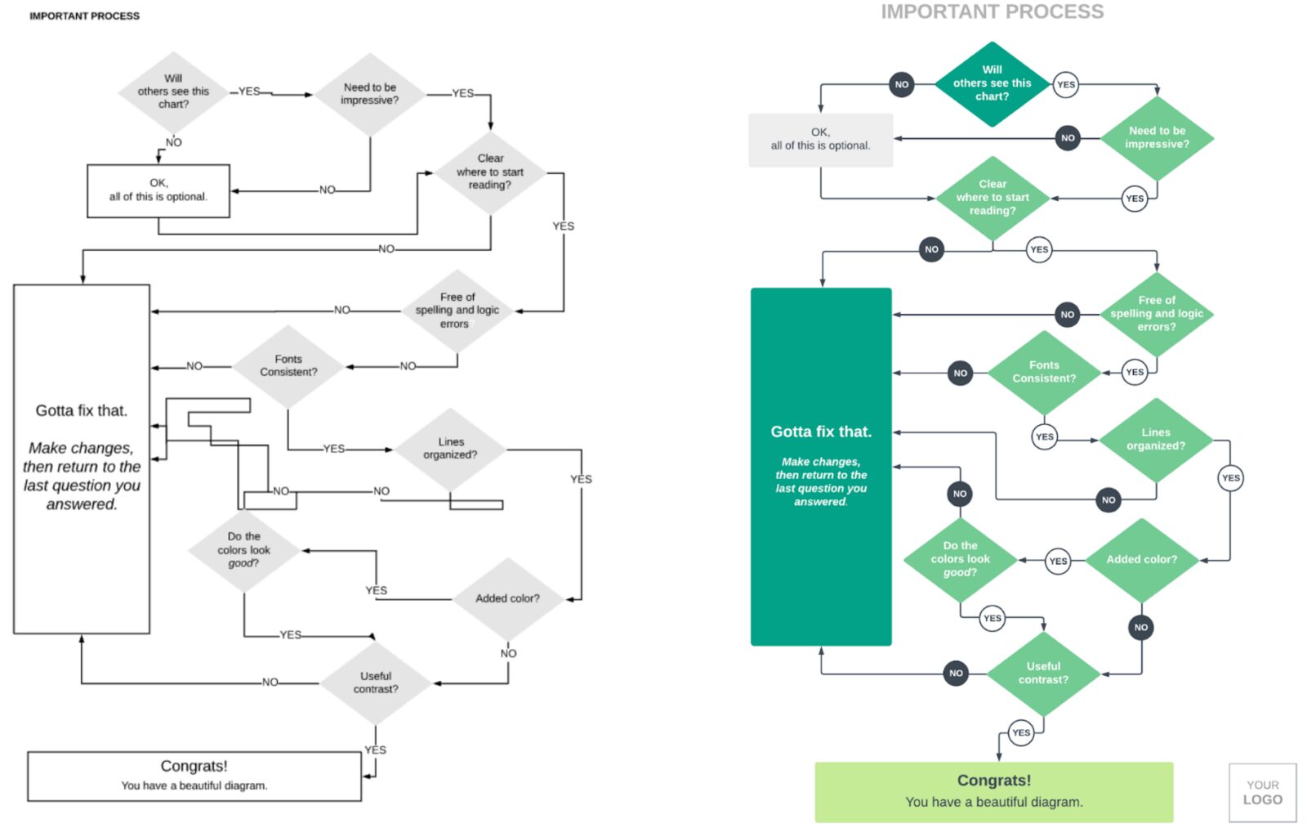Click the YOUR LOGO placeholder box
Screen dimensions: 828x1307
click(1262, 792)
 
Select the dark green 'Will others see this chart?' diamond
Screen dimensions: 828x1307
click(992, 83)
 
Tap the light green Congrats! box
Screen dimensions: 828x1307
click(993, 791)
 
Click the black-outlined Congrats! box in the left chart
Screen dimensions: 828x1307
click(194, 776)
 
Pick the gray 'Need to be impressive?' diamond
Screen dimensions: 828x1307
click(370, 94)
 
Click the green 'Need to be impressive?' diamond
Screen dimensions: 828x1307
click(1157, 137)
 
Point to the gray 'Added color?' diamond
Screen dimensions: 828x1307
click(507, 598)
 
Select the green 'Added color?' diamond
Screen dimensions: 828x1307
click(1141, 560)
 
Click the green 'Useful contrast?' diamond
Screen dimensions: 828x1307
click(1043, 673)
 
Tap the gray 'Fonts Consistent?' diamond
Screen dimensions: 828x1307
click(288, 365)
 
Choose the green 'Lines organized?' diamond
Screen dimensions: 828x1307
click(1155, 439)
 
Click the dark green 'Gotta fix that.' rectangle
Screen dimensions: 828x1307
click(821, 466)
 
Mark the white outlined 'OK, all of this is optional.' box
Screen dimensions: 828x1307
click(158, 190)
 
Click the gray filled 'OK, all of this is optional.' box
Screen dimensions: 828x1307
click(820, 140)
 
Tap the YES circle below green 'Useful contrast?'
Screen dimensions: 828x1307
click(1021, 732)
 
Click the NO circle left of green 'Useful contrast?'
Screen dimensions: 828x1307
click(956, 674)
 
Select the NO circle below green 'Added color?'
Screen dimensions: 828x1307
click(1141, 628)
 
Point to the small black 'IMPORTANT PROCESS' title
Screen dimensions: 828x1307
click(84, 16)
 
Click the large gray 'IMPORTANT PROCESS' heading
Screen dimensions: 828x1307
click(992, 11)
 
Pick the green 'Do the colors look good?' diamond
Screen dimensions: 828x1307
click(960, 559)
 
